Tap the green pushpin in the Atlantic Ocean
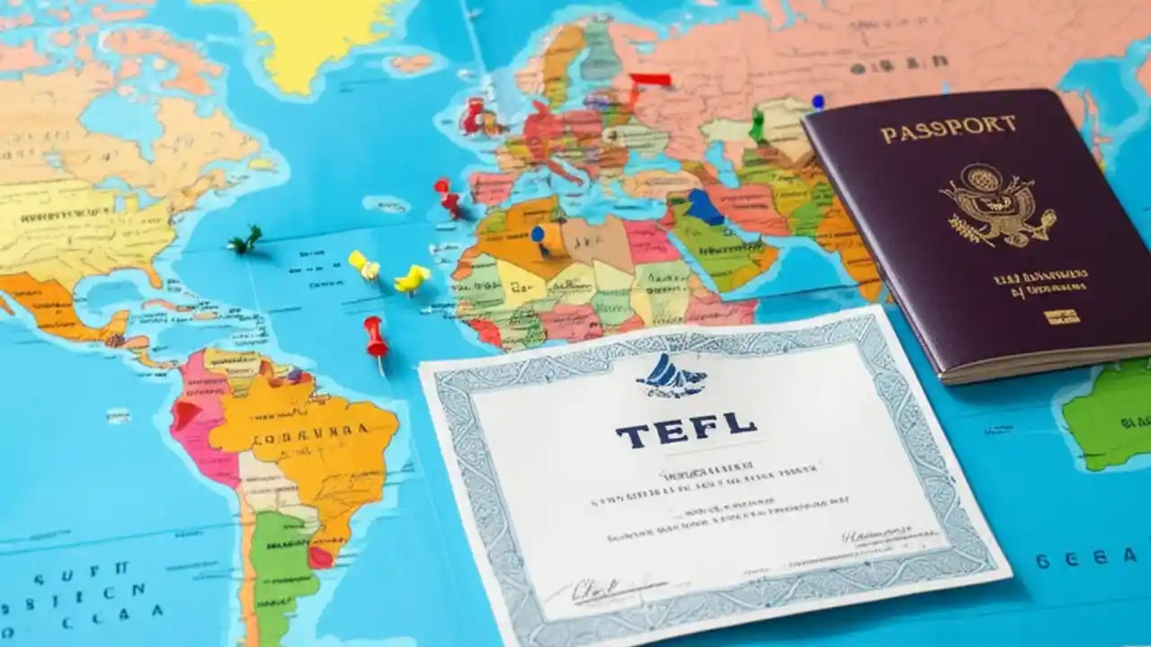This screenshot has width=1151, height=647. click(x=245, y=239)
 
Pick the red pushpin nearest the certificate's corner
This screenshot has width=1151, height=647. click(x=375, y=336)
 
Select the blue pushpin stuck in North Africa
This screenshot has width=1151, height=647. click(x=538, y=235)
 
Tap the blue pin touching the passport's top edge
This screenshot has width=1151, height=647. click(x=817, y=102)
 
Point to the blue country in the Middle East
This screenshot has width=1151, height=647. click(x=704, y=208)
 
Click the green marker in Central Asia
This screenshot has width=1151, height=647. click(x=757, y=126)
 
